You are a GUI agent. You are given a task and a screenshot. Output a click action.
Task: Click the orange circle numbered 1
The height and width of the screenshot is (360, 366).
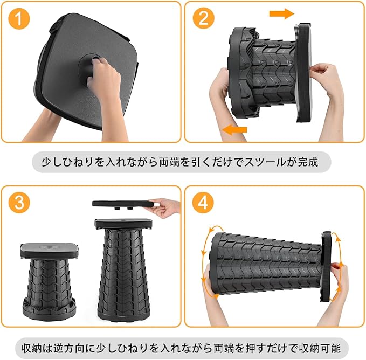(x=19, y=18)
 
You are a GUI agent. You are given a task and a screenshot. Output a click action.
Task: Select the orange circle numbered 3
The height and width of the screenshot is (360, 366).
(x=19, y=203)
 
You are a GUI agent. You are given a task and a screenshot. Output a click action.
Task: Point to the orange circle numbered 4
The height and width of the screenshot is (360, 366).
(x=203, y=203)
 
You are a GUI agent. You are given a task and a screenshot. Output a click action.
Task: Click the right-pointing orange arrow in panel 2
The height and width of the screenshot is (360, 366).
(x=281, y=14)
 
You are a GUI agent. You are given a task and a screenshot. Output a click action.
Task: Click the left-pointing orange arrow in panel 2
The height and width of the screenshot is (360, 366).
(x=234, y=130)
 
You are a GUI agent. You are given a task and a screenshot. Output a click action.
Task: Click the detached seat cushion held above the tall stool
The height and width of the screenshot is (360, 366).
(x=124, y=204)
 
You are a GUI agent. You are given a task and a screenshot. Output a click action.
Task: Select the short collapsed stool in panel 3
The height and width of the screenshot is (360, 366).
(x=49, y=278)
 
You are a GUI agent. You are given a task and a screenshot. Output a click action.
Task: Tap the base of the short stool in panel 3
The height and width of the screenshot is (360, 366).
(x=49, y=307)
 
